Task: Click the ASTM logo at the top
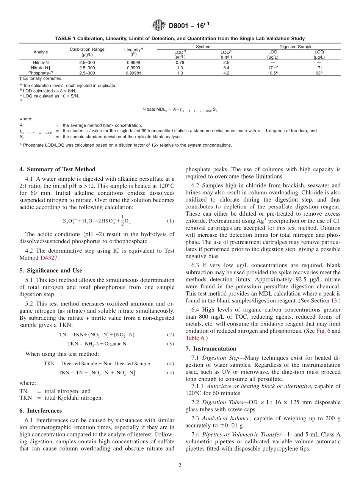pyautogui.click(x=158, y=26)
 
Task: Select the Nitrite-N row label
pyautogui.click(x=41, y=63)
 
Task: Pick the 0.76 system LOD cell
pyautogui.click(x=180, y=63)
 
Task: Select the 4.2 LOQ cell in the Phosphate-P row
pyautogui.click(x=226, y=73)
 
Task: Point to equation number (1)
pyautogui.click(x=170, y=221)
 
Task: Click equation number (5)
pyautogui.click(x=170, y=372)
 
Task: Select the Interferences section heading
pyautogui.click(x=40, y=410)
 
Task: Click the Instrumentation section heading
pyautogui.click(x=211, y=349)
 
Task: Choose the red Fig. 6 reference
pyautogui.click(x=323, y=331)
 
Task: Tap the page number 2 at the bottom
pyautogui.click(x=180, y=466)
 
